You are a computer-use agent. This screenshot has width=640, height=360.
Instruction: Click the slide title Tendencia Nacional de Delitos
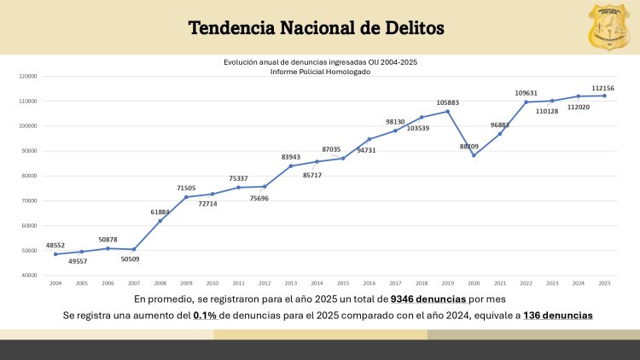coord(316,27)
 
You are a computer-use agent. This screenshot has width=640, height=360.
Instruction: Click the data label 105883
coord(447,102)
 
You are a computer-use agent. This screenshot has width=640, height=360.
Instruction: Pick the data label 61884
coord(160,212)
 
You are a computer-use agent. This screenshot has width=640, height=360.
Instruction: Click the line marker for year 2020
coord(474,155)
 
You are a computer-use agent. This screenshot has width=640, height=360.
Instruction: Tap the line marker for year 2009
coord(186,197)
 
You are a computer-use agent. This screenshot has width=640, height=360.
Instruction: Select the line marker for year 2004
coord(55,254)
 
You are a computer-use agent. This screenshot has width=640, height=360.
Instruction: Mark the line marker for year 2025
coord(605,96)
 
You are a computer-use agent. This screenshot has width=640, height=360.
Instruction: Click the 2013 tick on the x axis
coord(291,282)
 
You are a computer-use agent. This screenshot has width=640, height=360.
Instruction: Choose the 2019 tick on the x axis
coord(448,282)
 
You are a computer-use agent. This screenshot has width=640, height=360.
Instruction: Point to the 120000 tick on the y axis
coord(28,76)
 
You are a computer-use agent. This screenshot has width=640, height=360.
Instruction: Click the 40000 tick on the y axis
coord(30,276)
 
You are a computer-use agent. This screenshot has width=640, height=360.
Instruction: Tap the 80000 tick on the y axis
coord(30,176)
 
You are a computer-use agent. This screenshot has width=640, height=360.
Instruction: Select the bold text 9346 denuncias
coord(428,299)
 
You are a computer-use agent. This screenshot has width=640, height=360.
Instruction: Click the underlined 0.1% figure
coord(203,316)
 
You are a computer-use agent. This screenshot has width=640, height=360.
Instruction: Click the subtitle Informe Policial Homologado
coord(320,72)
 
